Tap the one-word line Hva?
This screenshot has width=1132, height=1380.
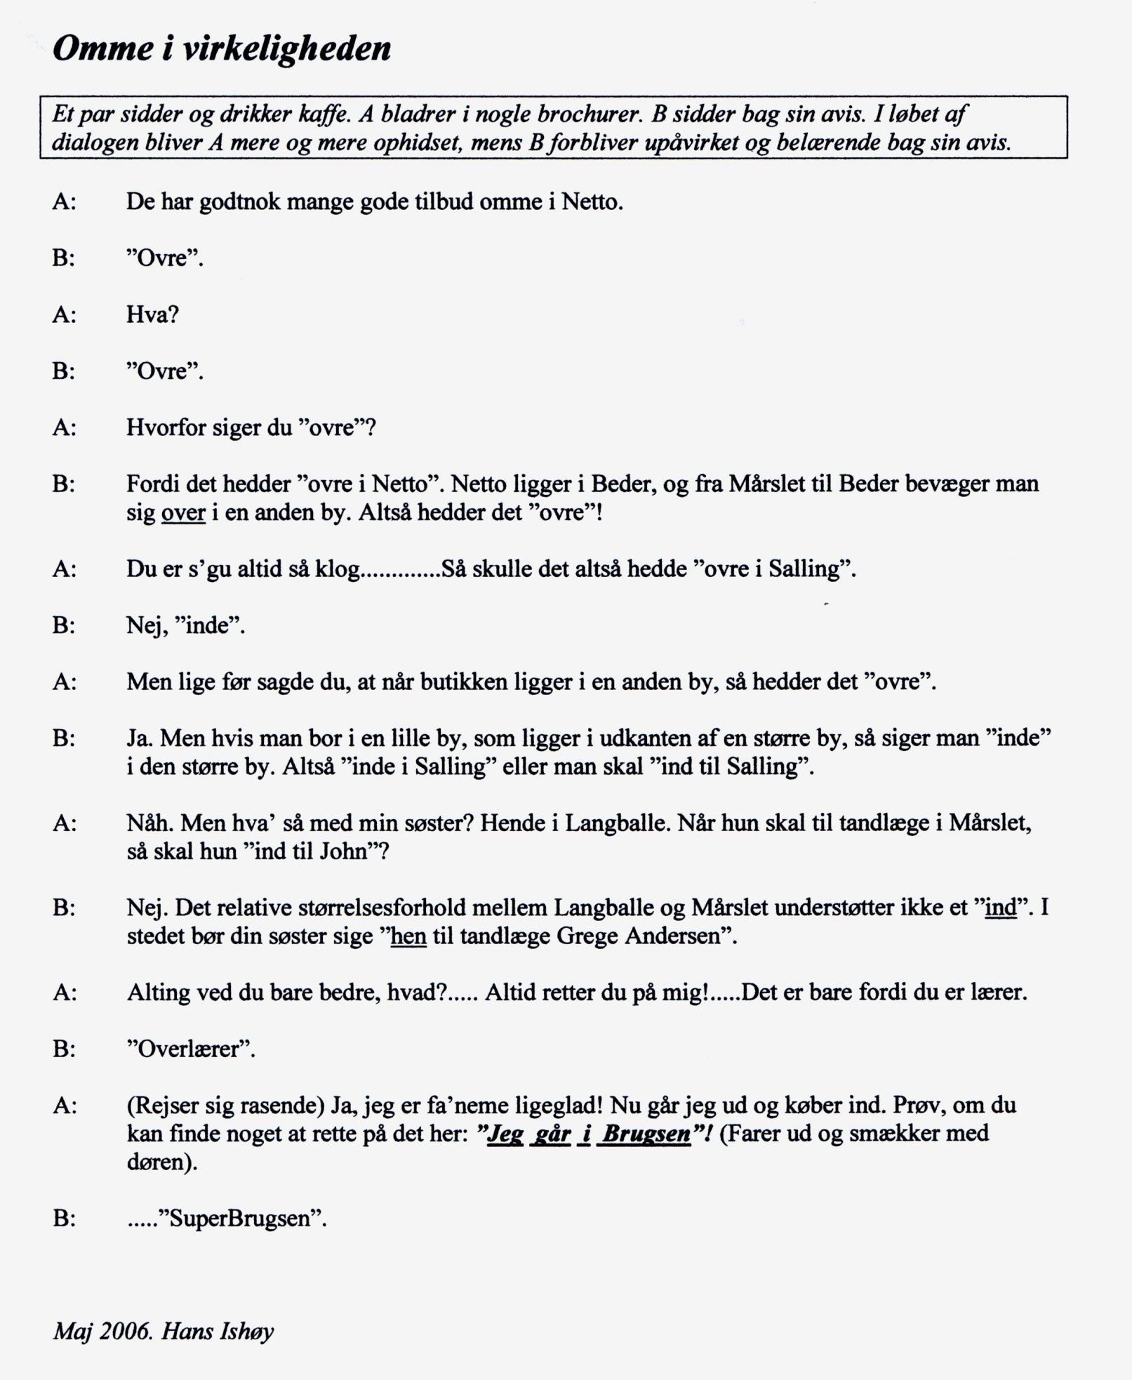click(152, 314)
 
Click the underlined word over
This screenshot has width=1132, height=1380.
click(183, 513)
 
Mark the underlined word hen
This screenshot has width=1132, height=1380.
click(408, 937)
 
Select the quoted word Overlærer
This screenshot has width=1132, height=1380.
click(190, 1049)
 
